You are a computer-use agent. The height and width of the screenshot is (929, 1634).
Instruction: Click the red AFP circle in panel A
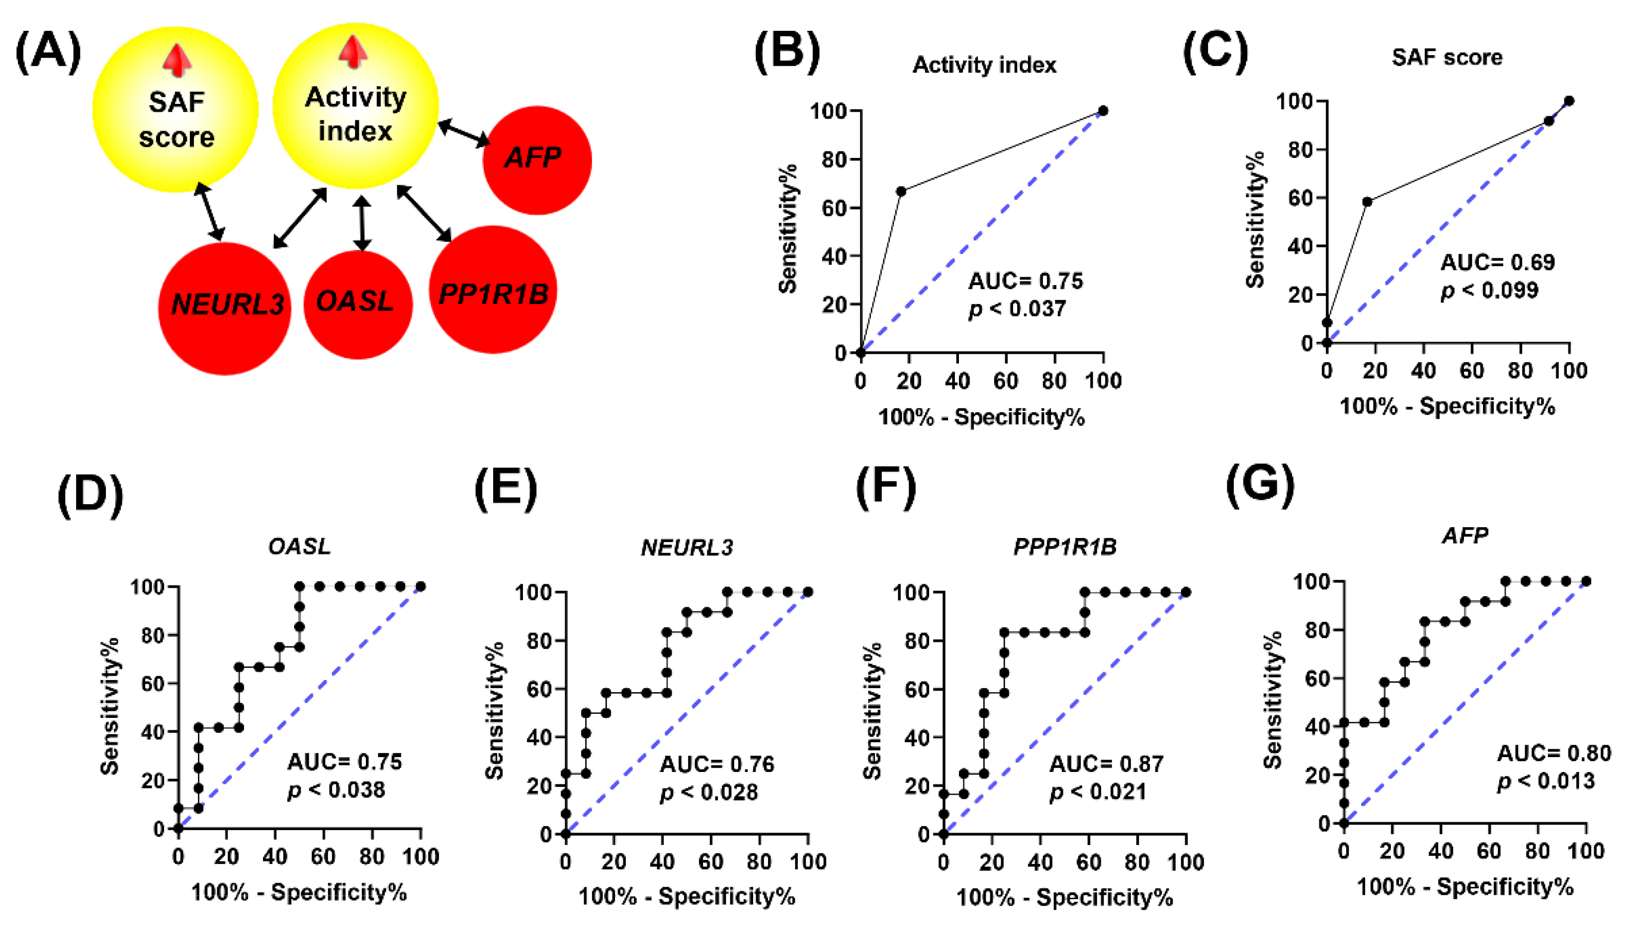tap(537, 159)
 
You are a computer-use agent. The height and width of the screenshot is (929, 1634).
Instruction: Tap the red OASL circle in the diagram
tap(357, 305)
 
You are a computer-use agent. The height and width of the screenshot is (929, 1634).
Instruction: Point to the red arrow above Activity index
tap(353, 52)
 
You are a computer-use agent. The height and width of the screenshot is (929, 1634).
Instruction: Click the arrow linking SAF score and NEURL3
tap(210, 211)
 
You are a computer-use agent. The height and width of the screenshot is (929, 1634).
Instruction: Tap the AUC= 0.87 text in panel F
tap(1106, 764)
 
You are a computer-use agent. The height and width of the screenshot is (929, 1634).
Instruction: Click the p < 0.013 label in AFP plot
tap(1546, 781)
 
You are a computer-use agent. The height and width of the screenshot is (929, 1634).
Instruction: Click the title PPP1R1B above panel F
tap(1065, 547)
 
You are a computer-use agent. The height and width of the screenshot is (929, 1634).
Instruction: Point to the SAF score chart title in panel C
tap(1447, 58)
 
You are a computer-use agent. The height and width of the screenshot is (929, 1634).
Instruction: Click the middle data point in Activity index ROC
tap(901, 191)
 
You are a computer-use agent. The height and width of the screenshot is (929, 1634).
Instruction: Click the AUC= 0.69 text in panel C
tap(1497, 262)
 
